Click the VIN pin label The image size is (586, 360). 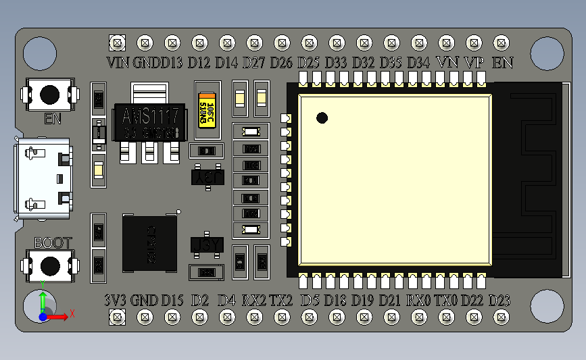[x=118, y=63]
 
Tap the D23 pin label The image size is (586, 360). [x=499, y=300]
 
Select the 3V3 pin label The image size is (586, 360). [x=116, y=300]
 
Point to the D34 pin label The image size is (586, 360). [x=418, y=63]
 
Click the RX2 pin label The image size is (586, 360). [x=254, y=300]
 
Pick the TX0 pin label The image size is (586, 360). [x=446, y=300]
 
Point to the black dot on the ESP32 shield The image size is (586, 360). [x=322, y=118]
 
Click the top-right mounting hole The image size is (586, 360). [x=546, y=52]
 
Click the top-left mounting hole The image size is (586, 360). [x=40, y=52]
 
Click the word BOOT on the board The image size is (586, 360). [x=52, y=243]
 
